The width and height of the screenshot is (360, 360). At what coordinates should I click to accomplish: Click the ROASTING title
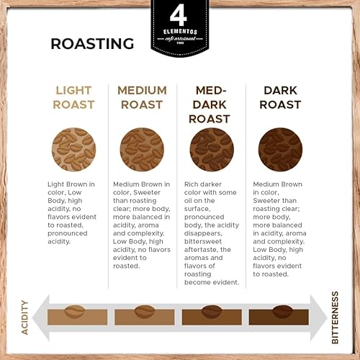point(92,43)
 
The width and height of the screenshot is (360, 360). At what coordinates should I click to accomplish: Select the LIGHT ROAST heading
point(73,97)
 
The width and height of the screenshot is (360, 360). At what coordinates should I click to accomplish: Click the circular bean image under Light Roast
point(73,150)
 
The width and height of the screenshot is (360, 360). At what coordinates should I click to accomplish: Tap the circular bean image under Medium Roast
point(142,150)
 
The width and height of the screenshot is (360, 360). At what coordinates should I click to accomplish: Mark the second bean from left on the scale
point(145,312)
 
